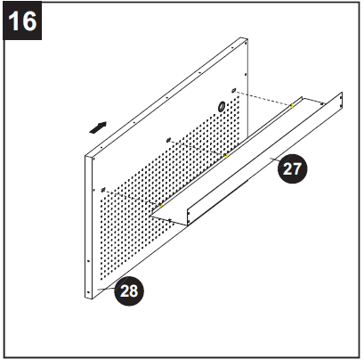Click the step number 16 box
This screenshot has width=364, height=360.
pos(23,21)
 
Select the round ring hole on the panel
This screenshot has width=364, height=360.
pos(219,106)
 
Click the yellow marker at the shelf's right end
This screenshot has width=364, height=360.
pos(291,106)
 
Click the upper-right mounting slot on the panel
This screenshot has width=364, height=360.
pos(233,91)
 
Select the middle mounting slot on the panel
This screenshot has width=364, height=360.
pos(168,139)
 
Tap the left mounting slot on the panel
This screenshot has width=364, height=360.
pos(104,188)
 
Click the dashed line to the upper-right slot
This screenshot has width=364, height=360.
pos(263,98)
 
